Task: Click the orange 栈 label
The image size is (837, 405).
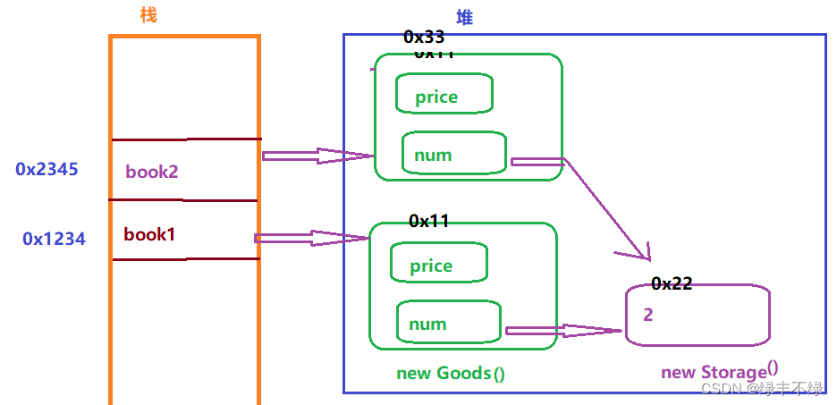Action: tap(148, 14)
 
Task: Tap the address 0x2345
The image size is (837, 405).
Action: tap(47, 168)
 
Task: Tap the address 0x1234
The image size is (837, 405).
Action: tap(54, 239)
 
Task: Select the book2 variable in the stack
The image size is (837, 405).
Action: tap(151, 172)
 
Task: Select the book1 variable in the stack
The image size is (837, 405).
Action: tap(149, 235)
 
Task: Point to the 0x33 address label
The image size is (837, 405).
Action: tap(424, 37)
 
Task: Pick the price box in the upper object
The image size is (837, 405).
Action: tap(444, 95)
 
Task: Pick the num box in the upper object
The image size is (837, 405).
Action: tap(453, 153)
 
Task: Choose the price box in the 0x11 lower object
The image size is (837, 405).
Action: tap(438, 264)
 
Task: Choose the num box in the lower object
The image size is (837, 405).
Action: tap(447, 323)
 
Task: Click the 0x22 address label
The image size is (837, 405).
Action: tap(672, 283)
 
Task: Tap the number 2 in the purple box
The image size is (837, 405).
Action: tap(647, 315)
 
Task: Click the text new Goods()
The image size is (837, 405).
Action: tap(451, 372)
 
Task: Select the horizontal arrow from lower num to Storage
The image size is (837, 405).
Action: tap(562, 331)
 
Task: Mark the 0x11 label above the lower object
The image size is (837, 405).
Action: tap(428, 221)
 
